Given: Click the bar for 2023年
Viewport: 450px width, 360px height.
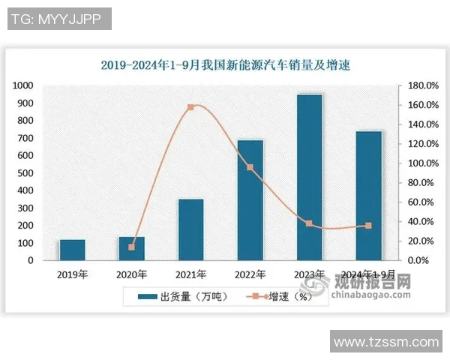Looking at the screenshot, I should pos(309,178).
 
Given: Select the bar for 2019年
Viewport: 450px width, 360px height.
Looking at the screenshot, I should pos(73,250).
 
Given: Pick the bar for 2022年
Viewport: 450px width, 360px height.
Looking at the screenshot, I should pos(250,200).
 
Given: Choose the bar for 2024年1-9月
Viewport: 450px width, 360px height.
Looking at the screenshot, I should pos(368,196).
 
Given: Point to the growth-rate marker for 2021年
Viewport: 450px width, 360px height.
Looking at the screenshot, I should pos(190,107).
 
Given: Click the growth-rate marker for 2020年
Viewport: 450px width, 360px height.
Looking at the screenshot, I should pos(132,247).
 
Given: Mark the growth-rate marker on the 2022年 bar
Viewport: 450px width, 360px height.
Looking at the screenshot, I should pos(250,167).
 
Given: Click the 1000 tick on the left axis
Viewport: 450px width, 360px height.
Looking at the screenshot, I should pos(23,86).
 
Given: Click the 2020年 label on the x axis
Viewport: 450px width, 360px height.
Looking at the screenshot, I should pos(132,274).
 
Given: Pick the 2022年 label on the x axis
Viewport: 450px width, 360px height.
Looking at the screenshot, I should pos(250,274).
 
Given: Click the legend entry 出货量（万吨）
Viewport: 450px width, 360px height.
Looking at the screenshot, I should pos(181,296).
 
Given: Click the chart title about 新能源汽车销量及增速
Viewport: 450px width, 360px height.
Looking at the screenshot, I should pos(226,65).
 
